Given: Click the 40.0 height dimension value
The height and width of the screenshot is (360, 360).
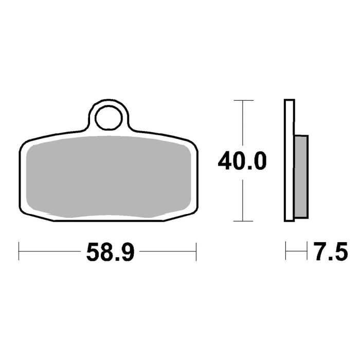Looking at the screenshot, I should (242, 161).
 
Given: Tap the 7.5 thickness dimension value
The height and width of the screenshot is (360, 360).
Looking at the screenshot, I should (327, 253).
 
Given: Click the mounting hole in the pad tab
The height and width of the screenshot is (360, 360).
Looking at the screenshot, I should (108, 117).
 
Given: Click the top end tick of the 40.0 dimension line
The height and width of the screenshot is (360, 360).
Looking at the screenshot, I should (242, 100).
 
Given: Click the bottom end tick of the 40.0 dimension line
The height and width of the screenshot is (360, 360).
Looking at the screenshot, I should (242, 222).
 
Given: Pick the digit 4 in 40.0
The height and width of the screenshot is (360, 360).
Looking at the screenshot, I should (225, 161).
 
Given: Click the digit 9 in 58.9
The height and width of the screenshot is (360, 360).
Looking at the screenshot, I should (129, 253).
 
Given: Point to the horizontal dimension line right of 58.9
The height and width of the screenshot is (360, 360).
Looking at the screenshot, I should (167, 252).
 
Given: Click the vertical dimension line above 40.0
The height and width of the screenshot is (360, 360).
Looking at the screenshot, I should (242, 123).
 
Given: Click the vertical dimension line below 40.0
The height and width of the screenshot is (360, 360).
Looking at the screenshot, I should (242, 198).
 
